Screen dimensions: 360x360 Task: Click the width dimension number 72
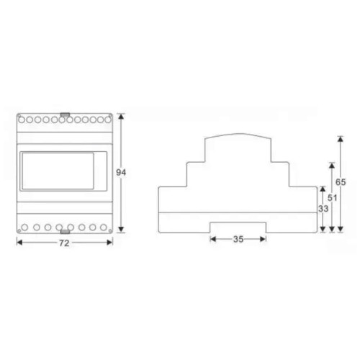coord(63,245)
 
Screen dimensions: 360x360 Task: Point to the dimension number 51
coord(331,197)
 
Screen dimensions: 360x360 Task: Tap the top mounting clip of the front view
coord(65,114)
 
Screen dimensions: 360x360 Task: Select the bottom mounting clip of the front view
coord(65,232)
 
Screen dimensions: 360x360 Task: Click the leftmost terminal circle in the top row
coord(22,119)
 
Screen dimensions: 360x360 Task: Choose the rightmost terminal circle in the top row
coord(107,119)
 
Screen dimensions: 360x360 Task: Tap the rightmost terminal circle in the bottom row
coord(105,227)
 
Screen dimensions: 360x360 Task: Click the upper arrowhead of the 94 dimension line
coord(121,116)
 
